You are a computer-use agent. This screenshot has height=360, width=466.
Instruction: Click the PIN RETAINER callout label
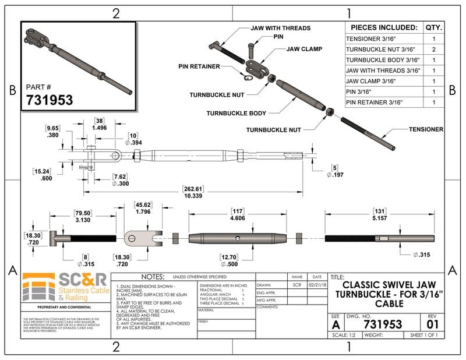(199, 66)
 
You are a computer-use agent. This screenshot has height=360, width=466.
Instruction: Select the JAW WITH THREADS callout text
(280, 28)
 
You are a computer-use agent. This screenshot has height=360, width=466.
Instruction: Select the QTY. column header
(433, 27)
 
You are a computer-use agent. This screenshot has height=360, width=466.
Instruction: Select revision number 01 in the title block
(432, 323)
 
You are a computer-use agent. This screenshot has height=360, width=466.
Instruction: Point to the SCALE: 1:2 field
(344, 335)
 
